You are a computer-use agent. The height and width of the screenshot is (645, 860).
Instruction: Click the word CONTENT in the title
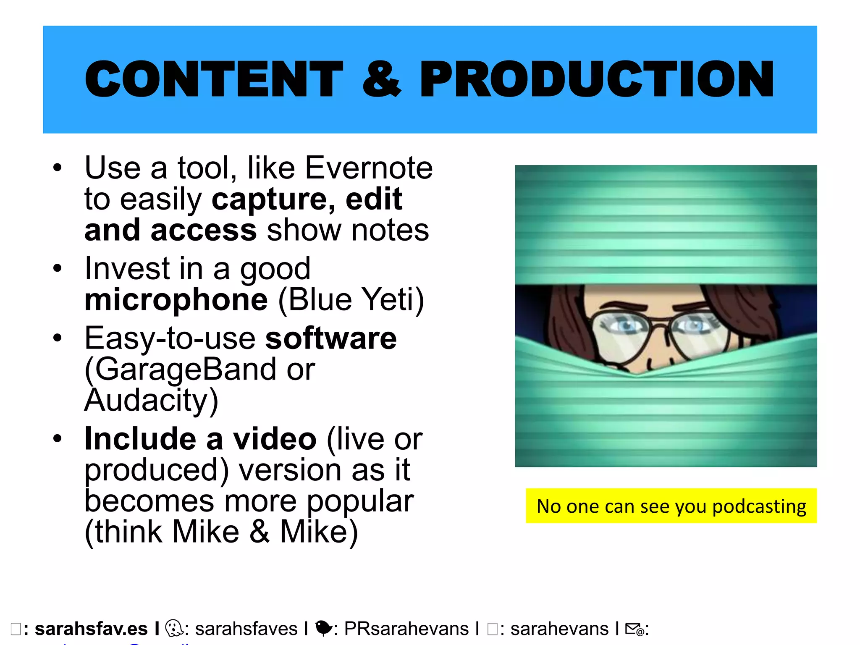214,79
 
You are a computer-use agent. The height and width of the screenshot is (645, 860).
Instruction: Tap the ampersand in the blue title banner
381,79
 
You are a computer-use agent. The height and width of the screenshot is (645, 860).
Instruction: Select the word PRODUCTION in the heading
597,79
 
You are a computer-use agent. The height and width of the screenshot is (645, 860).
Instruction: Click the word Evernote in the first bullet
368,168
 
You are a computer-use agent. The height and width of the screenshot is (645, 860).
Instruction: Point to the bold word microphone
176,299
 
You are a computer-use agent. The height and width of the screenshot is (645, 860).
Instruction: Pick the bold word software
331,338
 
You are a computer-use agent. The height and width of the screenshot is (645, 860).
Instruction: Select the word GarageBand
185,370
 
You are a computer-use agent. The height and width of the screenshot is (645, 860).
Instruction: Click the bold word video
275,439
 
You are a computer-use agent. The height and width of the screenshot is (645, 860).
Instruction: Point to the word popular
360,501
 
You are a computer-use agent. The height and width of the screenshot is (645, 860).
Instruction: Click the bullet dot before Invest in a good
58,268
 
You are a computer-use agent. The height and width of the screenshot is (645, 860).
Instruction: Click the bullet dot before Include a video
58,439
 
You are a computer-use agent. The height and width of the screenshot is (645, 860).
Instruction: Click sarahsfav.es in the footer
91,629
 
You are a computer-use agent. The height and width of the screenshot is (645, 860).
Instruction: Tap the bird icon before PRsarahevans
323,628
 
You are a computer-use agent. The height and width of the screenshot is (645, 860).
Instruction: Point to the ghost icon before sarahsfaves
174,629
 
